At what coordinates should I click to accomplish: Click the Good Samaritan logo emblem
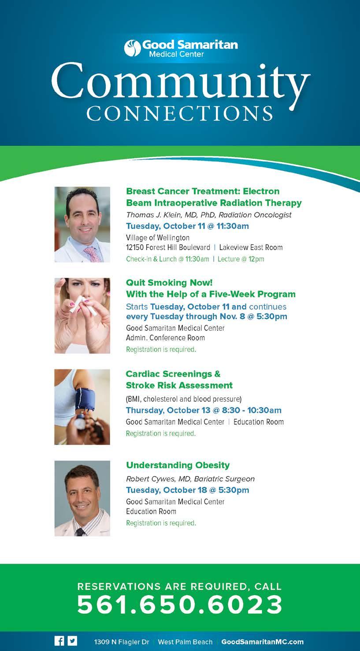coord(133,48)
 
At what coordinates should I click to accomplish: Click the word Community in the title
coord(180,83)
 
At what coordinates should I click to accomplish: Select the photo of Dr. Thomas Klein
coord(82,224)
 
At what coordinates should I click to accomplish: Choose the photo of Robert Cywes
coord(82,498)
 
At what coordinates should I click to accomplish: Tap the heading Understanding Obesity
coord(178,465)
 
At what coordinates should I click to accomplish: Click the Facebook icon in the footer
coord(59,641)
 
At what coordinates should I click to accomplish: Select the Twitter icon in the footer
coord(73,641)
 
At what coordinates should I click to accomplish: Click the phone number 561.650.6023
coord(180,605)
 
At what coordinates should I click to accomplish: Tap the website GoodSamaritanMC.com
coord(262,642)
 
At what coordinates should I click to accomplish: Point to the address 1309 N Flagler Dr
coord(122,642)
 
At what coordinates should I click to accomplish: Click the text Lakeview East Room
coord(251,247)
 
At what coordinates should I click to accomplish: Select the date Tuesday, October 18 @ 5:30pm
coord(187,490)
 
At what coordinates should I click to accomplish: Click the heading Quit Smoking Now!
coord(169,283)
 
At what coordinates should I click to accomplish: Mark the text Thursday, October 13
coord(168,410)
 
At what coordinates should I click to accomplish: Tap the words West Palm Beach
coord(185,642)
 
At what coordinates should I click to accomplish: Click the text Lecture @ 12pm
coord(241,259)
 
